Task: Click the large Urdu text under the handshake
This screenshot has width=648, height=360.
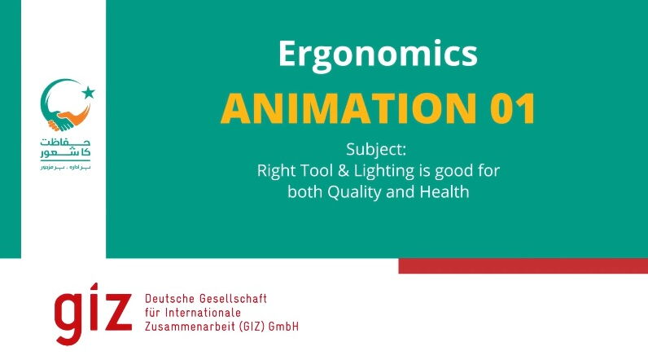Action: tap(64, 147)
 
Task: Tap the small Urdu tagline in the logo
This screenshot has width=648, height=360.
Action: tap(64, 166)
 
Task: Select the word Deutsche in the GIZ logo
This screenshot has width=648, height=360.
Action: tap(169, 299)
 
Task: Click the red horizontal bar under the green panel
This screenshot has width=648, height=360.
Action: tap(523, 266)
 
